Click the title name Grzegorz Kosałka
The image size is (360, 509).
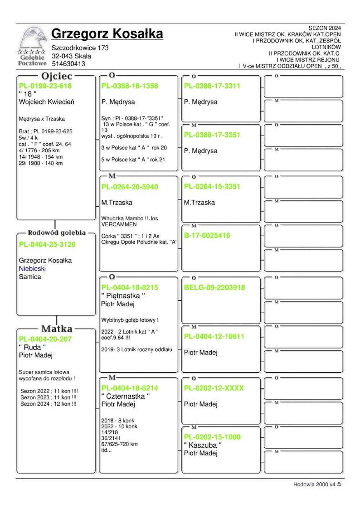click(107, 33)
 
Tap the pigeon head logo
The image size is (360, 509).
click(33, 38)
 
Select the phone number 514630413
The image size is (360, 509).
click(68, 64)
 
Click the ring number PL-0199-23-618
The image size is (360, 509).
click(45, 86)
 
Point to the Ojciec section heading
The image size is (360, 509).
click(57, 76)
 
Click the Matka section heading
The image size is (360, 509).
click(57, 329)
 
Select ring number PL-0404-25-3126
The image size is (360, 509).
click(47, 244)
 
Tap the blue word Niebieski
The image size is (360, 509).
click(32, 269)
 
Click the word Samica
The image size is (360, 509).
click(30, 277)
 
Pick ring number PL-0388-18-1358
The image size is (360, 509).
click(130, 86)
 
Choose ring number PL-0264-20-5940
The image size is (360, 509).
click(130, 187)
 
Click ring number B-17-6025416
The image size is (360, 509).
click(207, 235)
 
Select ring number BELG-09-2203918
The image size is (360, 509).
click(214, 288)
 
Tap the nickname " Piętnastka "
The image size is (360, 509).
click(123, 296)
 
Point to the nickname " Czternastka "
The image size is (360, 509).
click(125, 396)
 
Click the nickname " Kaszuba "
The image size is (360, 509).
click(203, 445)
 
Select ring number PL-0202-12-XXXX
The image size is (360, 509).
click(214, 388)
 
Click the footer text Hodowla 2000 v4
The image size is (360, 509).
click(317, 485)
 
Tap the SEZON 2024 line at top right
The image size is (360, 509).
click(324, 28)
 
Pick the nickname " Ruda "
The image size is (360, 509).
click(32, 347)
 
